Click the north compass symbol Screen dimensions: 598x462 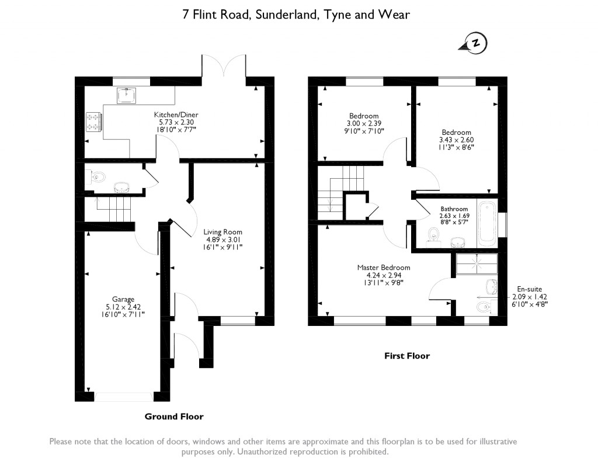[x=477, y=43]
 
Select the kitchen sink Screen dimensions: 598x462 [x=127, y=95]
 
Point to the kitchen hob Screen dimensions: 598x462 [x=93, y=121]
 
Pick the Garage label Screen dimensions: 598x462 [x=123, y=299]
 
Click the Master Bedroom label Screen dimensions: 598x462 [x=380, y=268]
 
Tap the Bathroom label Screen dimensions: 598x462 [x=454, y=209]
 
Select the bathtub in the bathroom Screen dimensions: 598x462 [x=486, y=224]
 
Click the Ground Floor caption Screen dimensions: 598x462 [x=174, y=416]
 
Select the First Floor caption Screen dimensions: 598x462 [x=406, y=355]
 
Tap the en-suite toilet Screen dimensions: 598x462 [x=484, y=306]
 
